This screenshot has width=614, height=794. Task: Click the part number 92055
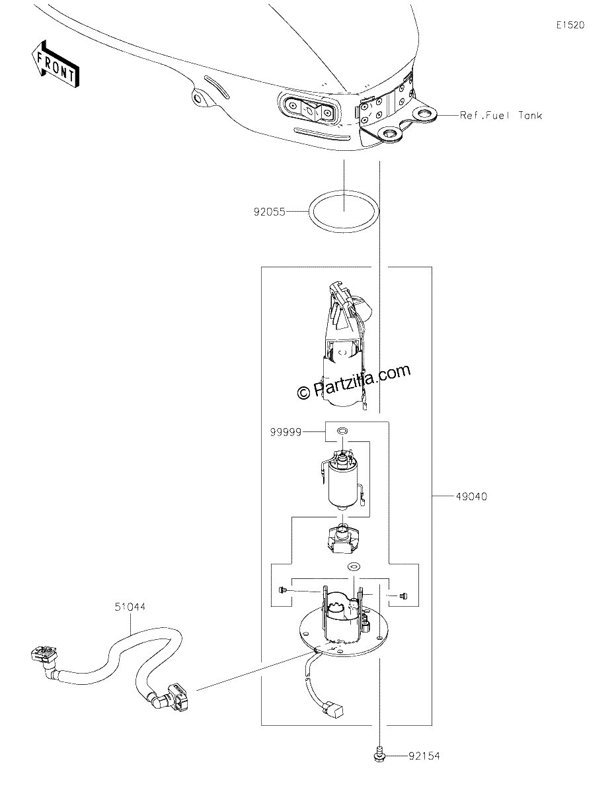pyautogui.click(x=269, y=212)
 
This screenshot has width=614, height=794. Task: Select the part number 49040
pyautogui.click(x=471, y=496)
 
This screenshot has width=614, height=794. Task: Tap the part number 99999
pyautogui.click(x=286, y=432)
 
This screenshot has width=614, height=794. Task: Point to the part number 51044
pyautogui.click(x=130, y=607)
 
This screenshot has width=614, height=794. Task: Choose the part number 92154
pyautogui.click(x=424, y=756)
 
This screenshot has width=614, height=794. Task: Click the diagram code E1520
pyautogui.click(x=570, y=25)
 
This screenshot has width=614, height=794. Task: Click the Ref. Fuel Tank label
pyautogui.click(x=500, y=116)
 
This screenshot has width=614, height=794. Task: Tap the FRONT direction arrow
pyautogui.click(x=55, y=64)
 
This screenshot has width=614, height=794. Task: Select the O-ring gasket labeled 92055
pyautogui.click(x=344, y=191)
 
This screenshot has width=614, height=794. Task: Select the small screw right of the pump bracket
pyautogui.click(x=403, y=596)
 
